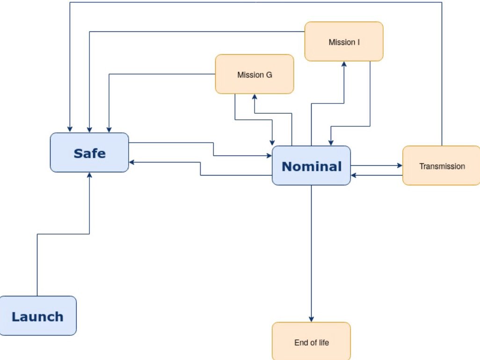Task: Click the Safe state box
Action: click(89, 152)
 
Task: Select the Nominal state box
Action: click(311, 165)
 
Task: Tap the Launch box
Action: click(37, 316)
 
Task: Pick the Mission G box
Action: click(255, 74)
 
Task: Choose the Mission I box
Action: click(344, 42)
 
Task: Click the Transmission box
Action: click(441, 166)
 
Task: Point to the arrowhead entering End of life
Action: click(311, 319)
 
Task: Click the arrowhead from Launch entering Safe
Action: click(89, 175)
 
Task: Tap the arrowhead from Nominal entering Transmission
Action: click(400, 165)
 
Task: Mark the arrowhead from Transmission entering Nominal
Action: click(354, 176)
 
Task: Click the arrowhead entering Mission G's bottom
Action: click(255, 96)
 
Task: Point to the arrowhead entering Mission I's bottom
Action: click(344, 64)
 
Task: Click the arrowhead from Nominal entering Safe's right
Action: click(132, 162)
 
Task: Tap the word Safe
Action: click(89, 153)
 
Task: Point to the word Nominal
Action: click(312, 166)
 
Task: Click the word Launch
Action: click(37, 316)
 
